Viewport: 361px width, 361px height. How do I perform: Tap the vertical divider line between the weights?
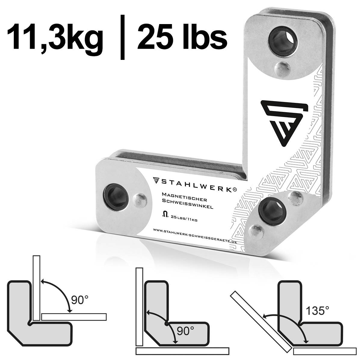122,38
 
